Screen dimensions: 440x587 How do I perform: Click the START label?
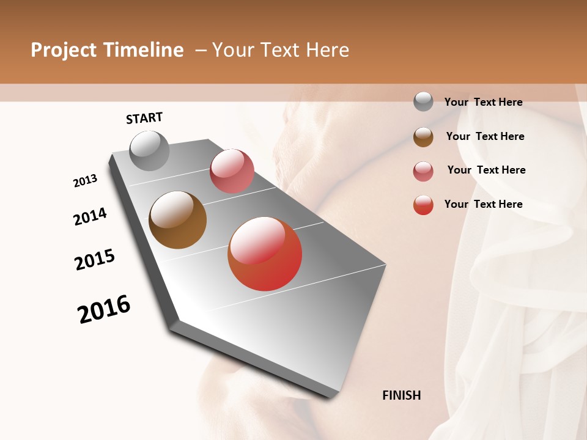(x=144, y=118)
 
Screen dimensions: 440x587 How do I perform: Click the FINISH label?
(x=401, y=395)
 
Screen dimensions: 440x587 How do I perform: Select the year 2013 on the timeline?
(x=85, y=181)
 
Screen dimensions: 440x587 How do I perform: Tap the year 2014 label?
(x=90, y=216)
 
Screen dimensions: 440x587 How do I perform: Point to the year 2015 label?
(x=95, y=259)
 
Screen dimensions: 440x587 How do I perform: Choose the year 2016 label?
(x=104, y=309)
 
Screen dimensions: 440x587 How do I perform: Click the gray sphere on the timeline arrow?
(x=150, y=151)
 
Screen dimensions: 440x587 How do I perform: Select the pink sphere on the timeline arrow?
(x=232, y=171)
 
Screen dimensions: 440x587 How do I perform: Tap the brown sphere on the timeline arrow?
(x=178, y=220)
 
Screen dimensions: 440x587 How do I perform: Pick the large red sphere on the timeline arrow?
(x=265, y=254)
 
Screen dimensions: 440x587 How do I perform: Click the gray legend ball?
(x=423, y=102)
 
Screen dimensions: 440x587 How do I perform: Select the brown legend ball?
(x=423, y=137)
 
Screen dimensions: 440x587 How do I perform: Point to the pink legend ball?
(x=423, y=171)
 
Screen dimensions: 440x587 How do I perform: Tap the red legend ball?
(x=423, y=205)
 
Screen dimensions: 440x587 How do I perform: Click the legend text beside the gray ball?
(x=483, y=102)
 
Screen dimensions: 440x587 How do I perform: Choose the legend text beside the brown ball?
(x=485, y=136)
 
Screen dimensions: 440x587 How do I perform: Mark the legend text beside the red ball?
(x=483, y=204)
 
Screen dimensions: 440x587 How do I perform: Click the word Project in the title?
(x=64, y=50)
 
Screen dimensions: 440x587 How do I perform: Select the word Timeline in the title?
(x=144, y=50)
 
